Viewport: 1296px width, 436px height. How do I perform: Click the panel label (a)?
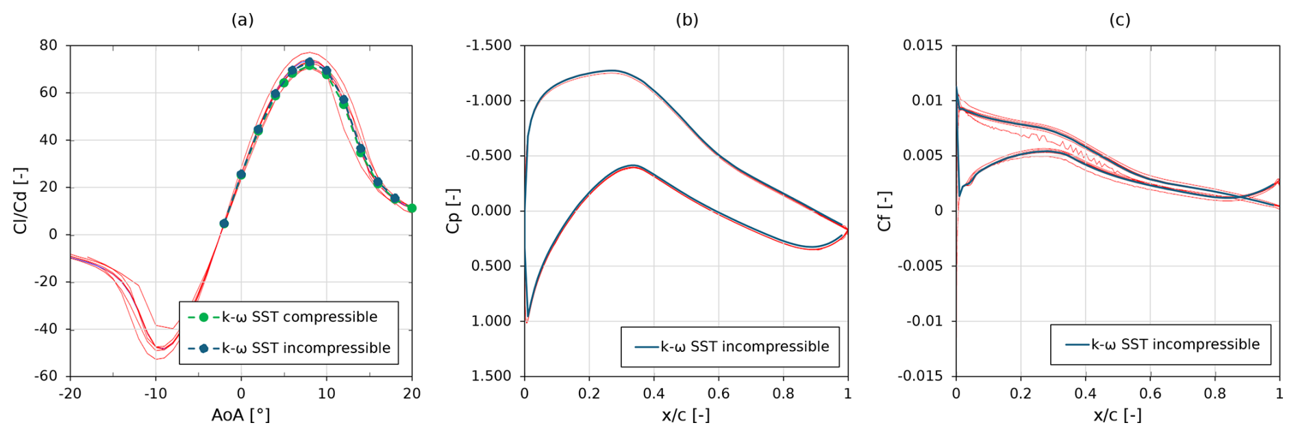tap(242, 21)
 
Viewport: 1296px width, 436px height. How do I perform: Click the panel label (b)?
tap(687, 21)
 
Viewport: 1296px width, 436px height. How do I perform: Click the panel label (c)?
tap(1119, 21)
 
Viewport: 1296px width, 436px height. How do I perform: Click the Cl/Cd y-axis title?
tap(21, 200)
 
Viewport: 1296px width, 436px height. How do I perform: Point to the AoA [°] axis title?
tap(240, 415)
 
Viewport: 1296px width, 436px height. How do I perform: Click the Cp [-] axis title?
tap(453, 211)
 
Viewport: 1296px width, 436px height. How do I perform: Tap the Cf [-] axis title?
tap(884, 211)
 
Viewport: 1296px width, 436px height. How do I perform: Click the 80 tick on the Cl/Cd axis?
tap(49, 45)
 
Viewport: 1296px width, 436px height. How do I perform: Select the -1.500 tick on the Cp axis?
tap(489, 45)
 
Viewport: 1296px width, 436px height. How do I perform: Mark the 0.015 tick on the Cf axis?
tap(923, 45)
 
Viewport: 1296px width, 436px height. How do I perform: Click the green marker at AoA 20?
tap(412, 208)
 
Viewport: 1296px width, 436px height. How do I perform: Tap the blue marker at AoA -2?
tap(224, 223)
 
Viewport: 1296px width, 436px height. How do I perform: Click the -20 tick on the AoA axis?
tap(69, 394)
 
